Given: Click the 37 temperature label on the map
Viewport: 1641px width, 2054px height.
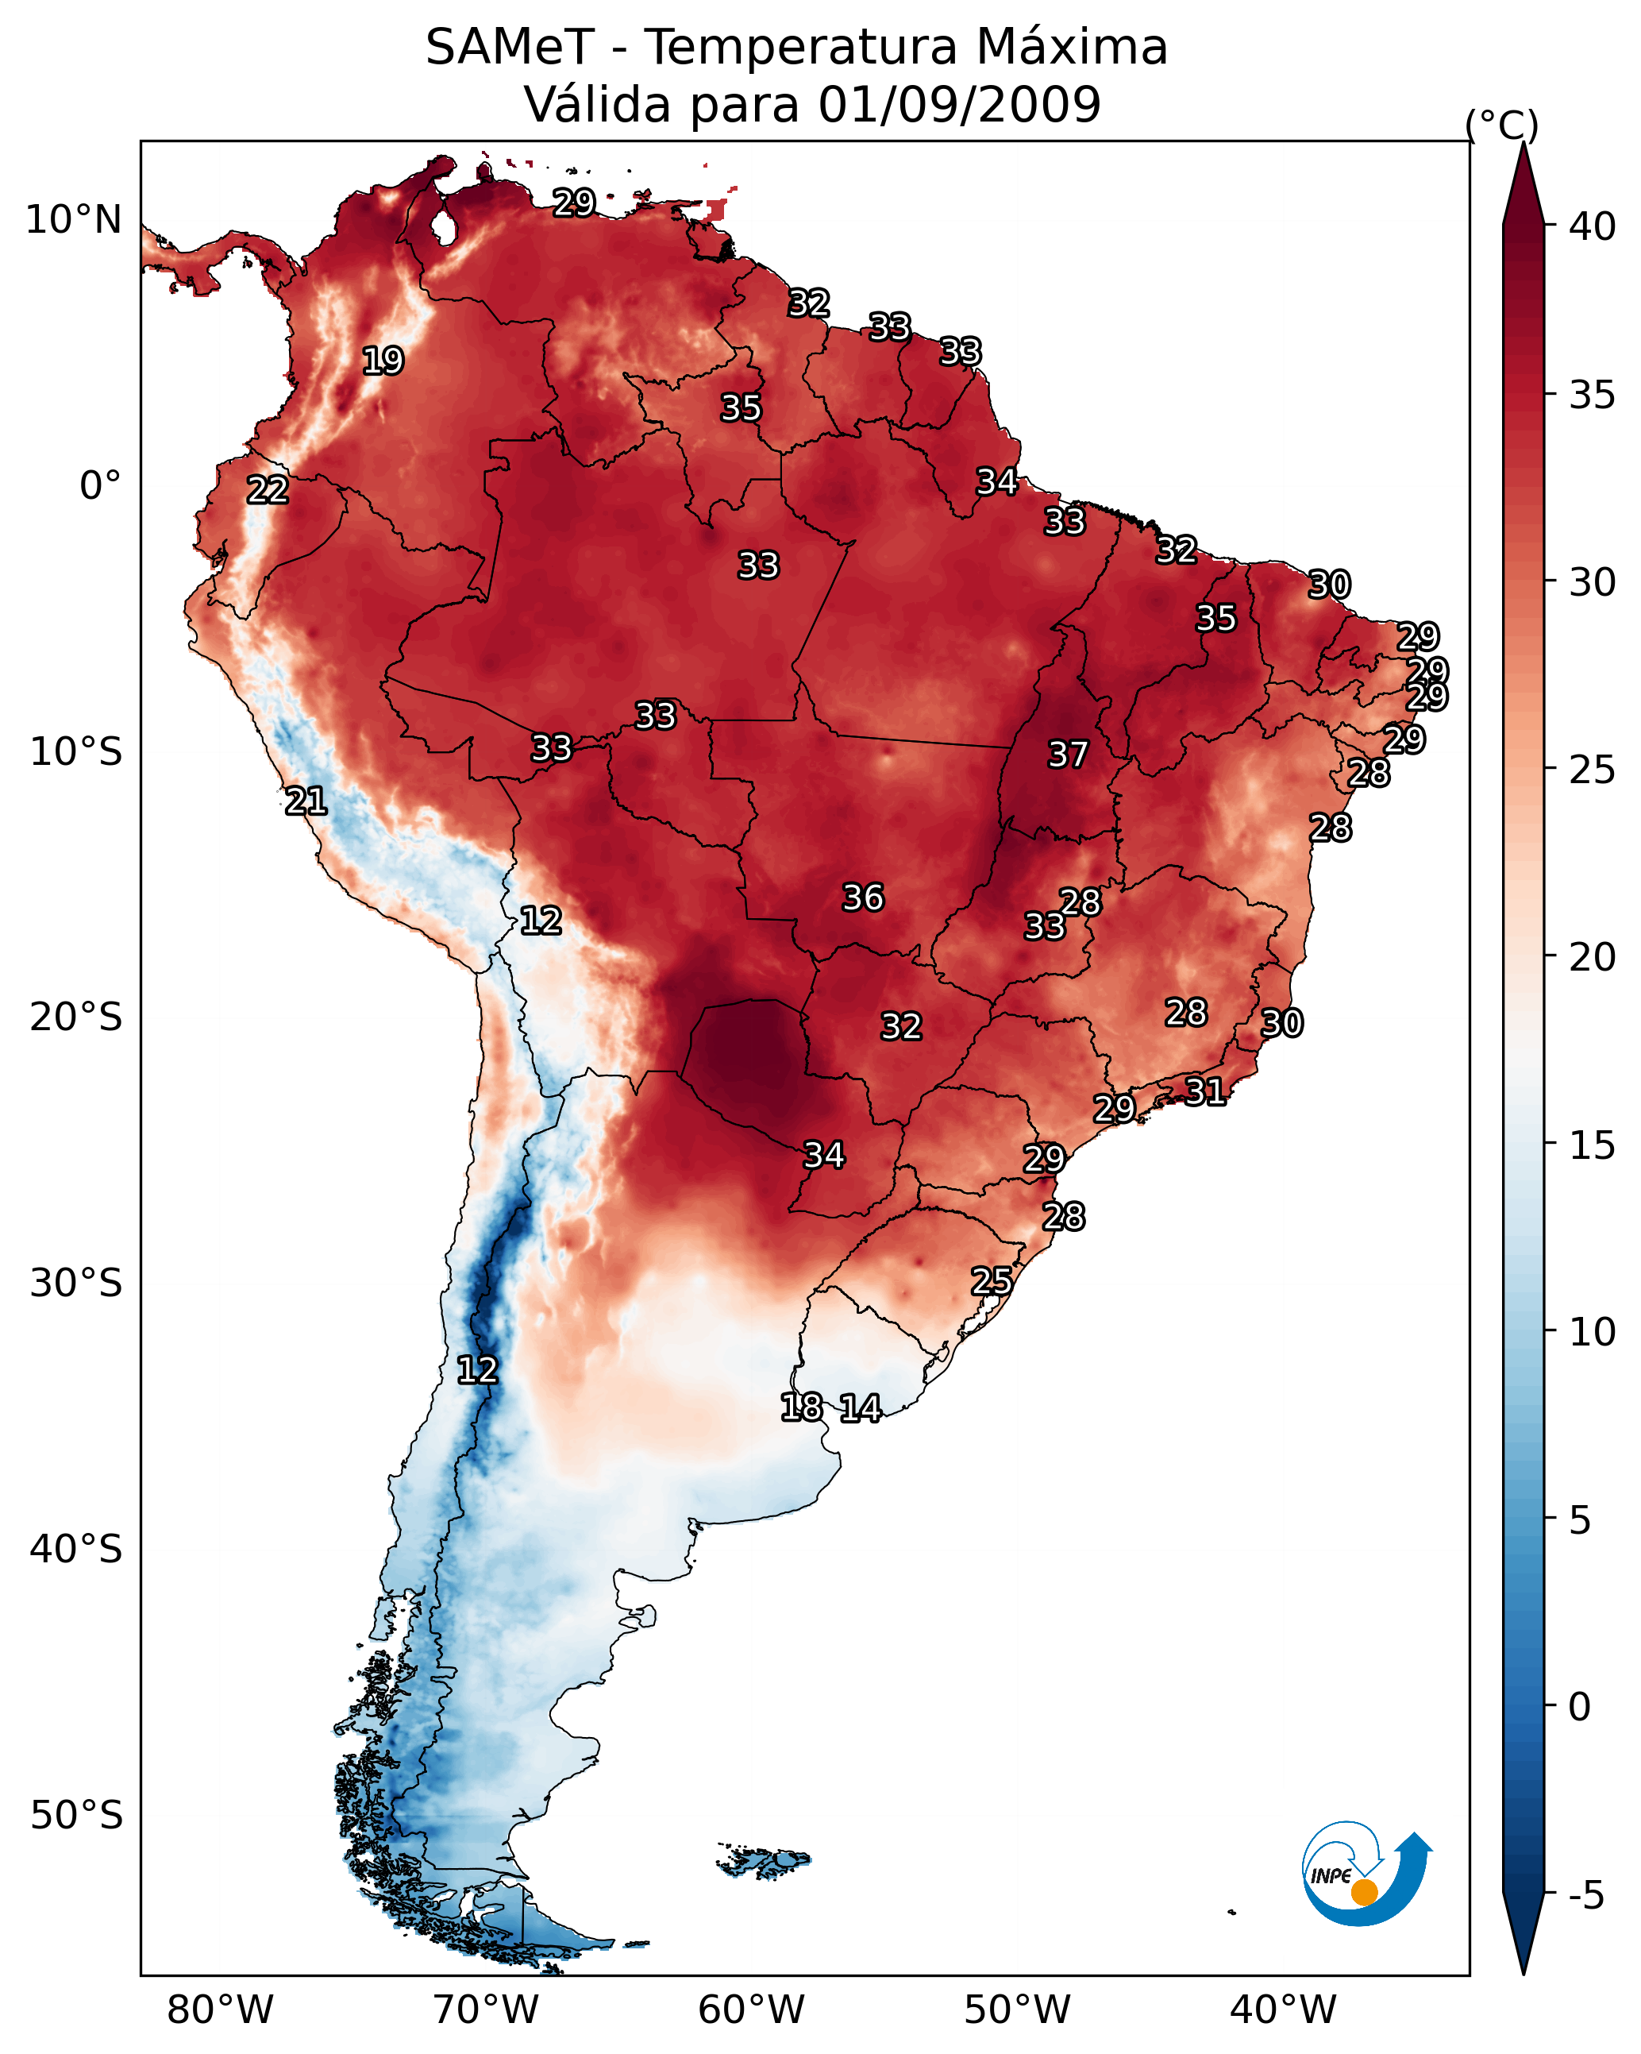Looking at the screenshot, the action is [x=1068, y=755].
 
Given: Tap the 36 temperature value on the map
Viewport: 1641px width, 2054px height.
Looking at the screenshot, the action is [x=863, y=898].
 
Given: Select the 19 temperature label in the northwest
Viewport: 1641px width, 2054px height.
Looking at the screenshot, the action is [x=383, y=361].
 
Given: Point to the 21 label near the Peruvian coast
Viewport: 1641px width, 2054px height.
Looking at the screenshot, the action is [x=306, y=801].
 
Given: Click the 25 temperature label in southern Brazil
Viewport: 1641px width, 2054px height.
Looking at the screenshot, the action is [x=992, y=1280].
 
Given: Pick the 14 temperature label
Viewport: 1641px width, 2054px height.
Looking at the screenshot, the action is [x=860, y=1408].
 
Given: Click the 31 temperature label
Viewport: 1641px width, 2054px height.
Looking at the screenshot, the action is [x=1205, y=1091].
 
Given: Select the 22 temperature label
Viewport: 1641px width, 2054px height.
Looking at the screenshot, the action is [x=268, y=490].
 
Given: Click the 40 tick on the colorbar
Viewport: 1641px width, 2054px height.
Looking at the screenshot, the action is [x=1593, y=226].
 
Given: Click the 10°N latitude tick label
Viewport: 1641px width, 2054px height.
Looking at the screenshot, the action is [x=73, y=220].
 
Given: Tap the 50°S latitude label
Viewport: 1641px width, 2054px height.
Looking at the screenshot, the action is [x=76, y=1816].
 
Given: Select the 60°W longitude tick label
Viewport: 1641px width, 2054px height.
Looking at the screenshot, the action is [x=752, y=2010].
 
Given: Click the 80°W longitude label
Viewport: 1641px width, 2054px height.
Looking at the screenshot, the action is [x=220, y=2010].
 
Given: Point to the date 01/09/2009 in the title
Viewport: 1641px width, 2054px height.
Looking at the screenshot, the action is [x=959, y=104].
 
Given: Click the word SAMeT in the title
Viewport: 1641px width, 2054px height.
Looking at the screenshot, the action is [x=510, y=48].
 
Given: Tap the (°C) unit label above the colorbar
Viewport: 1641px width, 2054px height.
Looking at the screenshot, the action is [x=1502, y=125].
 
